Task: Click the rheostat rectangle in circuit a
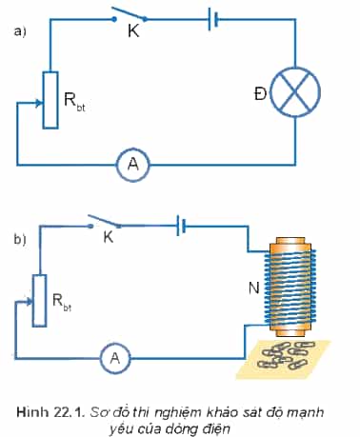(50, 100)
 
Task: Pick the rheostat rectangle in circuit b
(40, 301)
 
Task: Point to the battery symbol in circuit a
(212, 19)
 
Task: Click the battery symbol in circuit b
(181, 226)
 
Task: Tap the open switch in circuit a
(130, 15)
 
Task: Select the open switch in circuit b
(105, 221)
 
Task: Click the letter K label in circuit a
(133, 31)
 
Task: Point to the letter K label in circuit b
(109, 237)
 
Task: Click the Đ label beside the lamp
(260, 94)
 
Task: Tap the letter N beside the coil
(254, 288)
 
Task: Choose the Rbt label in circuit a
(74, 101)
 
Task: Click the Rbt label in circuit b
(62, 302)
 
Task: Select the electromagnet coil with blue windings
(290, 287)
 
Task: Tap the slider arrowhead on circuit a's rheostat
(39, 103)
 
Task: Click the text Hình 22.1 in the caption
(50, 412)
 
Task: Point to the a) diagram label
(20, 32)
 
